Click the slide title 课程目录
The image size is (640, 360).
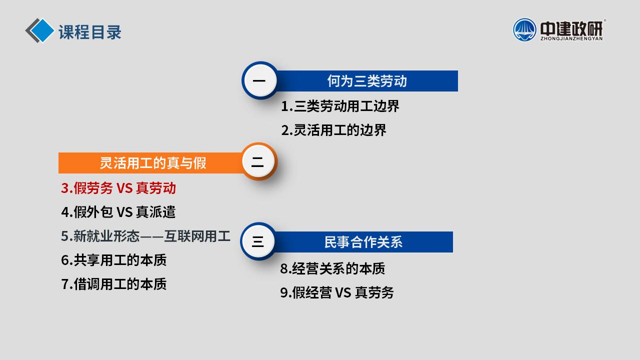[90, 32]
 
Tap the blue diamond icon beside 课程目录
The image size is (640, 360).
[42, 30]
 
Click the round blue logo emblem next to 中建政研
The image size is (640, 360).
[524, 29]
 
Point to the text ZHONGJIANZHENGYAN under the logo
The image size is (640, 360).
[571, 38]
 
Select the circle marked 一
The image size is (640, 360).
[259, 80]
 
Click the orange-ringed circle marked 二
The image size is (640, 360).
[258, 161]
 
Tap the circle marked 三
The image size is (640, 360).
[257, 241]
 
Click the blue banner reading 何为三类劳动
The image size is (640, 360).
[367, 81]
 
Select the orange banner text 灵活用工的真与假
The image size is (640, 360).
[153, 163]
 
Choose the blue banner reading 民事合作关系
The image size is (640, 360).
[363, 242]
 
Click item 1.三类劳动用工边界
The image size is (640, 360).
[340, 106]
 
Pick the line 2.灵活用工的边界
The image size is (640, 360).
[333, 130]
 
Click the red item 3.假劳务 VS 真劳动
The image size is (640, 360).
[118, 188]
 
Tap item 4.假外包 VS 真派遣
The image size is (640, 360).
[118, 212]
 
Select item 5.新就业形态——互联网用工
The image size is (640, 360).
[145, 236]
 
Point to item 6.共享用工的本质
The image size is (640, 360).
[113, 260]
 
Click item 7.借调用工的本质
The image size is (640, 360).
[113, 284]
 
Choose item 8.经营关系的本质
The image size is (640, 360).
[332, 268]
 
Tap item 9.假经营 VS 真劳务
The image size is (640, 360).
[337, 292]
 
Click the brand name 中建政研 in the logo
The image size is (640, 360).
[571, 28]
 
